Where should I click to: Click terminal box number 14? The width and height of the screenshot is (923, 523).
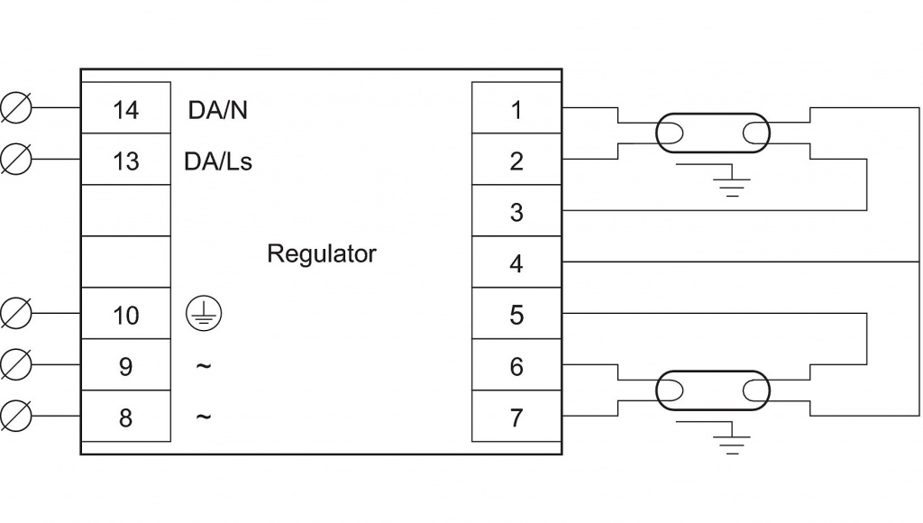[x=126, y=110]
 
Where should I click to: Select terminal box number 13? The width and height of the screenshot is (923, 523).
[x=126, y=161]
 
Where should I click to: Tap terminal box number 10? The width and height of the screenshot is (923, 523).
[x=126, y=316]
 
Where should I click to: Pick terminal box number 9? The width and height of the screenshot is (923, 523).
[x=126, y=367]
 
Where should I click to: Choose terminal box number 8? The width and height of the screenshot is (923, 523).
[x=126, y=418]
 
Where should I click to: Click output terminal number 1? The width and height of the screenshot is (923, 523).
[x=516, y=110]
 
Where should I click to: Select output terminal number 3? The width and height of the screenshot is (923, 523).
[x=516, y=213]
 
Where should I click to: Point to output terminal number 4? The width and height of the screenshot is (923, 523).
[x=516, y=264]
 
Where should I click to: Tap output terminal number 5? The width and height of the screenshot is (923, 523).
[x=516, y=316]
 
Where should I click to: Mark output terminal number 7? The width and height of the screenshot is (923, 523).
[x=516, y=418]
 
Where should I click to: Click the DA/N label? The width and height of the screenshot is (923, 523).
[x=217, y=110]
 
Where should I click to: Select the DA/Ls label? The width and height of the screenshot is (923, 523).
[x=220, y=161]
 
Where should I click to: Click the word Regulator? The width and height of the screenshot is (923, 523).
[x=321, y=254]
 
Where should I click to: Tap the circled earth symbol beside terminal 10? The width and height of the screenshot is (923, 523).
[x=202, y=313]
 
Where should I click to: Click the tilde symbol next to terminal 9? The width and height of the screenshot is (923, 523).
[x=203, y=365]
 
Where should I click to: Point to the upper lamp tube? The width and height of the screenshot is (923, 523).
[x=712, y=133]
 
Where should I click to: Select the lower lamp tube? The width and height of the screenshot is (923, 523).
[x=712, y=391]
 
